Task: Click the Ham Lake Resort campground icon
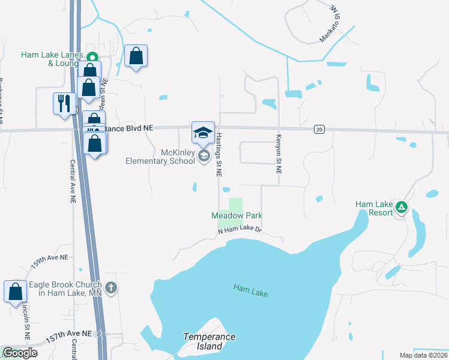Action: point(402,208)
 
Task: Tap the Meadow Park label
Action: point(237,215)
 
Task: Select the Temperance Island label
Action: point(209,341)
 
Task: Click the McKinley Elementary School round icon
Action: point(203,157)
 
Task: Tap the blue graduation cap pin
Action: point(203,132)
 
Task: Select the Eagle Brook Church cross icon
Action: point(110,288)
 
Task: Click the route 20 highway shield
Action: point(319,129)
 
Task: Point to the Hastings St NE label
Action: point(219,155)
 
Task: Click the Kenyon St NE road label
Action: point(279,154)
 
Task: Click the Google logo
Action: point(20,353)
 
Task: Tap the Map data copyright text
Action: point(423,355)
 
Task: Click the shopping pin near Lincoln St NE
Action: point(16,292)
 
